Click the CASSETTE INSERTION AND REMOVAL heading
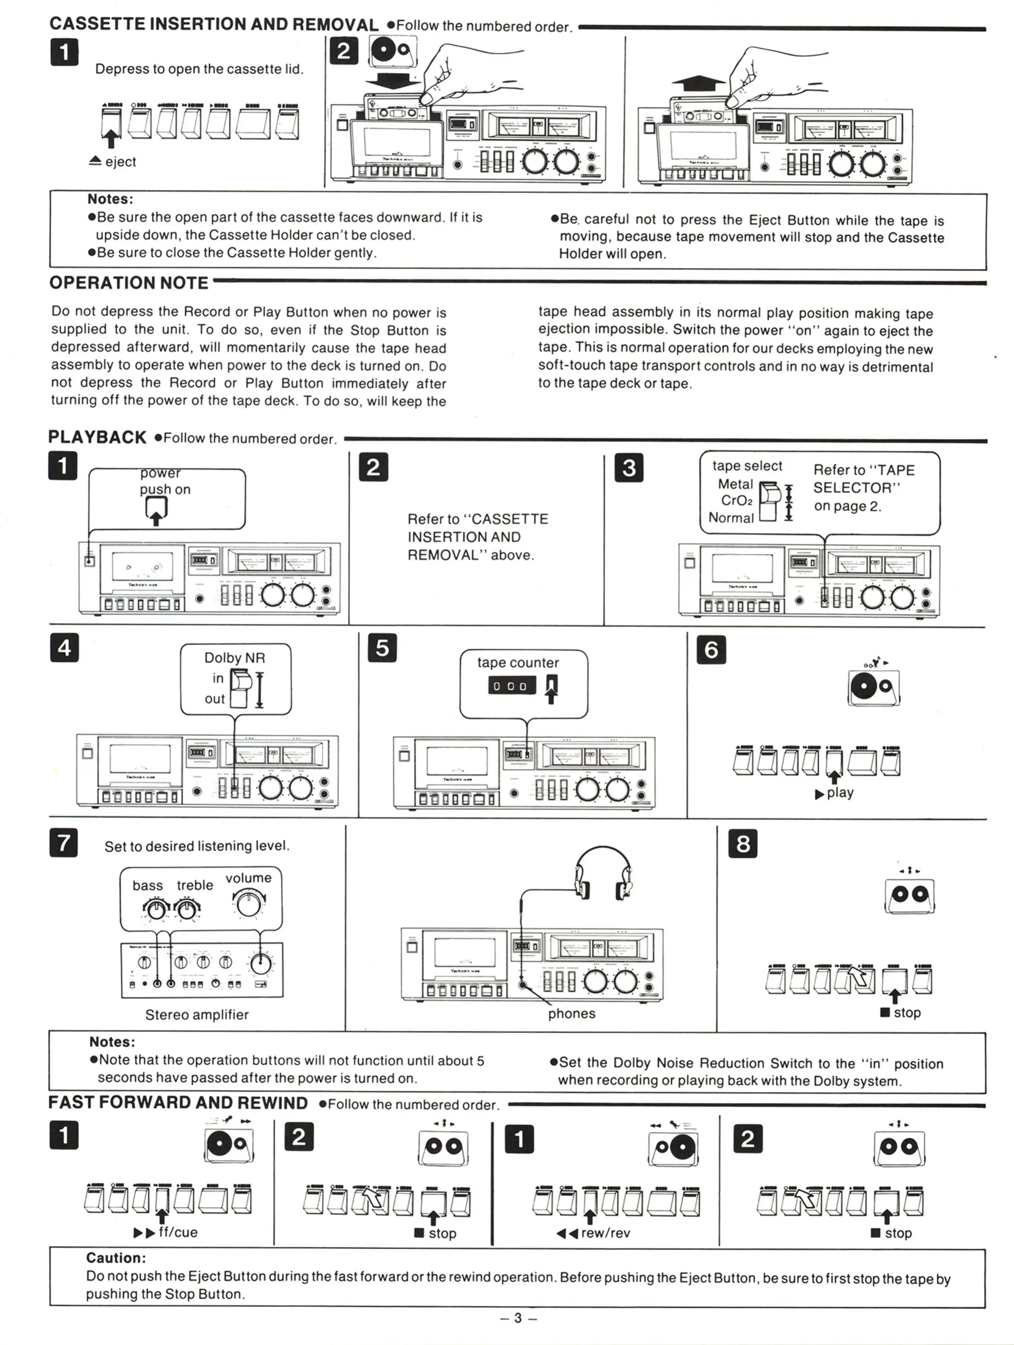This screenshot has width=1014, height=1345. (214, 24)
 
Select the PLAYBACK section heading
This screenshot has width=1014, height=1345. (97, 437)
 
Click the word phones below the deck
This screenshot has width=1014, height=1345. (571, 1013)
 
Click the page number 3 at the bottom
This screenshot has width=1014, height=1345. (518, 1318)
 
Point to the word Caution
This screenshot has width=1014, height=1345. (116, 1258)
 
